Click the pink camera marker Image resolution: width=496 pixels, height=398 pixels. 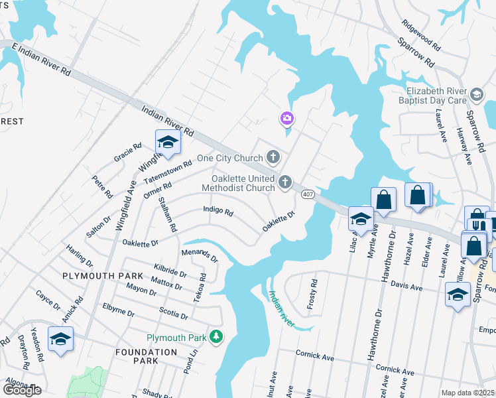click(x=286, y=119)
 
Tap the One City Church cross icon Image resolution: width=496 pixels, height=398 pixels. click(x=273, y=158)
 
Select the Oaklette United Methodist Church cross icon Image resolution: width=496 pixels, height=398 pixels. click(x=285, y=182)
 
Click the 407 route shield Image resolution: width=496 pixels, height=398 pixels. click(x=307, y=194)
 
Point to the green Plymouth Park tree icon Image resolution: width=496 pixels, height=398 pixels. click(x=216, y=338)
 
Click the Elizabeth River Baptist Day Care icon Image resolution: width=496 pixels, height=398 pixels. click(x=477, y=95)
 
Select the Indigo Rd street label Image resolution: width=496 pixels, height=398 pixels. click(x=218, y=212)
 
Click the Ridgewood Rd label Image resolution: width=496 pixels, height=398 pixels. click(x=422, y=35)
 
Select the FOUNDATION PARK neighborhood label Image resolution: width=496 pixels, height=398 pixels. click(x=146, y=356)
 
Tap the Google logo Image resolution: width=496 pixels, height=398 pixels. click(x=23, y=390)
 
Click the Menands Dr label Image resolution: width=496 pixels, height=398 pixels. click(x=199, y=255)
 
